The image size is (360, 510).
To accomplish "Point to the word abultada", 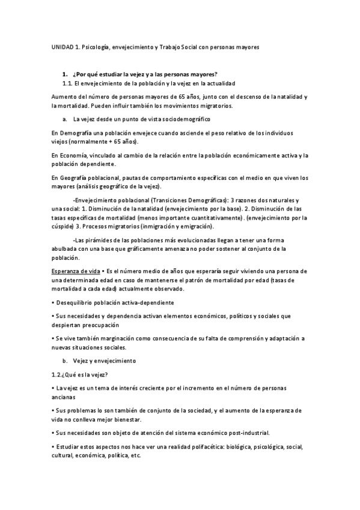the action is coord(66,248).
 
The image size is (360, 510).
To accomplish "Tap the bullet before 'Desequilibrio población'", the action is coord(53,303).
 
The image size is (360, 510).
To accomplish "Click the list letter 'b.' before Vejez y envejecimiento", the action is coord(65,361).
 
